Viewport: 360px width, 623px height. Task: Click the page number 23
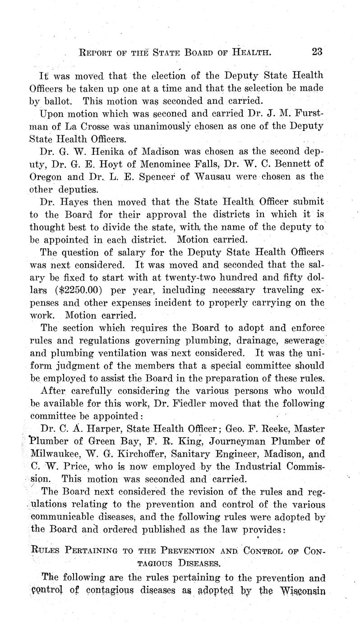(x=317, y=51)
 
